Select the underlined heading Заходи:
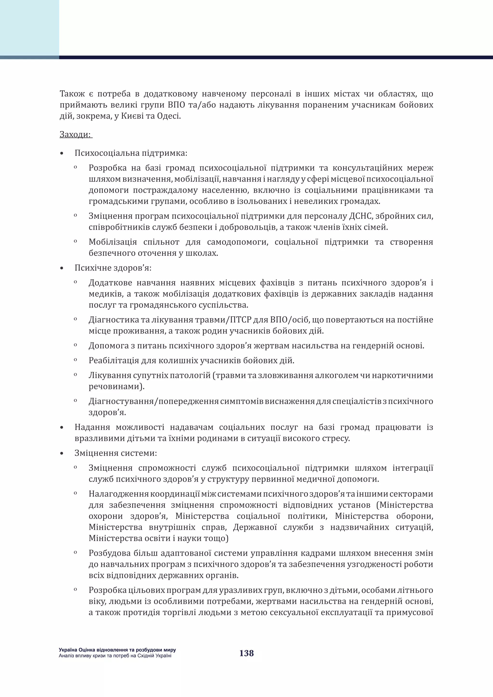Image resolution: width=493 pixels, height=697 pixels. [76, 134]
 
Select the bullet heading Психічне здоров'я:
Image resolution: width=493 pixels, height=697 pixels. [113, 268]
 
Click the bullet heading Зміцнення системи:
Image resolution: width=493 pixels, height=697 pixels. [116, 453]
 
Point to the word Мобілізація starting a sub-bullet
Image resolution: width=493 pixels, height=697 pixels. [113, 242]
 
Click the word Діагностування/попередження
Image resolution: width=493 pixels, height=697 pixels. [153, 401]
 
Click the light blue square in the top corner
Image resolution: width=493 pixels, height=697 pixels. [29, 28]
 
